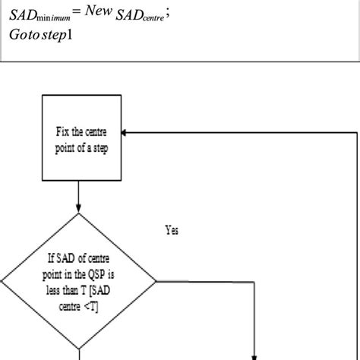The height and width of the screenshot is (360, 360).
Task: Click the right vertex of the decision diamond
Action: tap(157, 281)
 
